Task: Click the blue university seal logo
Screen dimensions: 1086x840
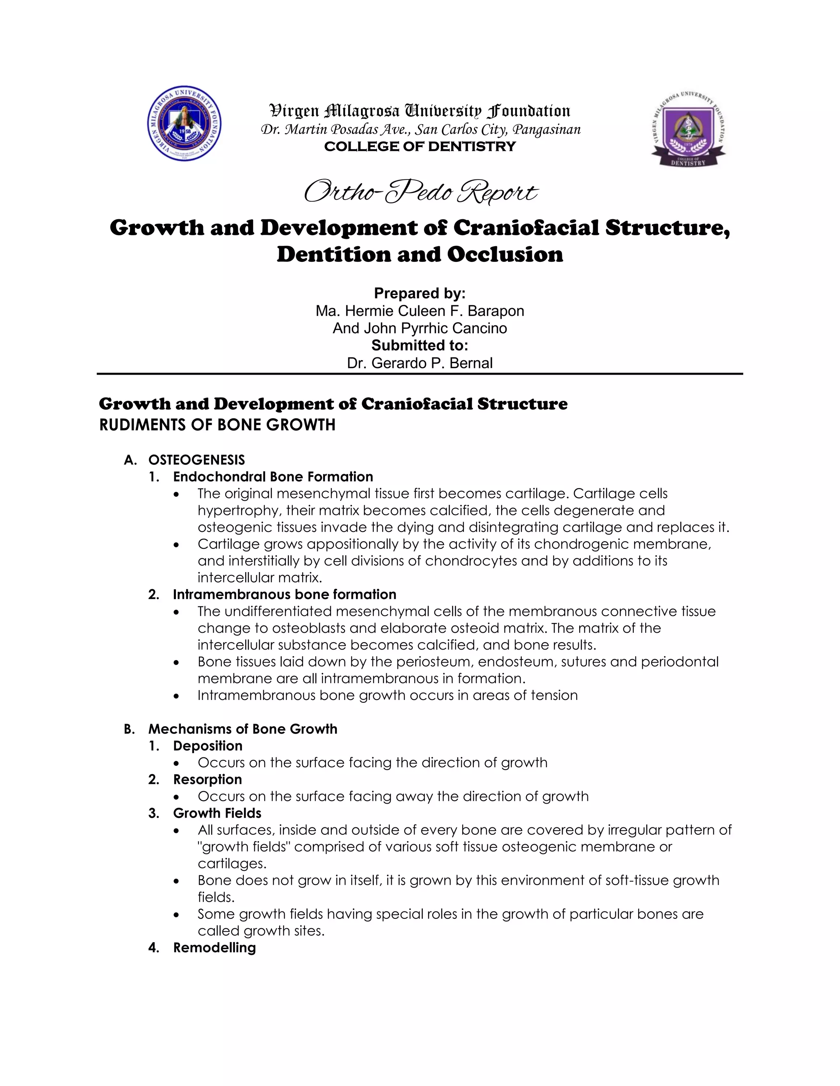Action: (x=185, y=123)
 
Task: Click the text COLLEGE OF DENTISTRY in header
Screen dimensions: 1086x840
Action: (x=420, y=147)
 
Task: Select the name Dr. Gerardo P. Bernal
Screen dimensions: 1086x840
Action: (x=420, y=363)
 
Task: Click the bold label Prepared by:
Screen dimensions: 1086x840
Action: (x=420, y=293)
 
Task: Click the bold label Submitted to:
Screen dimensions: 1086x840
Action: (x=420, y=345)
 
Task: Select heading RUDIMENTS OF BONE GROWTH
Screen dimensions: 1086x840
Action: (x=217, y=425)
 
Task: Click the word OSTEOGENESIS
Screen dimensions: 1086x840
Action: (x=196, y=459)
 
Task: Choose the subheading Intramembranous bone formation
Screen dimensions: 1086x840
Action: (x=285, y=594)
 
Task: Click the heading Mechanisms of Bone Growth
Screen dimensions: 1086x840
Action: (x=243, y=729)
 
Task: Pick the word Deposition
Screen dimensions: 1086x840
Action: (x=208, y=746)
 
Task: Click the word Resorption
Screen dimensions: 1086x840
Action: (x=208, y=779)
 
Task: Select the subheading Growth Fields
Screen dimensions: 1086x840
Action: (x=217, y=813)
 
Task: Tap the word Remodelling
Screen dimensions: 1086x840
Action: (x=215, y=947)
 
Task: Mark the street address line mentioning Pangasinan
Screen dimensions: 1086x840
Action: (x=420, y=130)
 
